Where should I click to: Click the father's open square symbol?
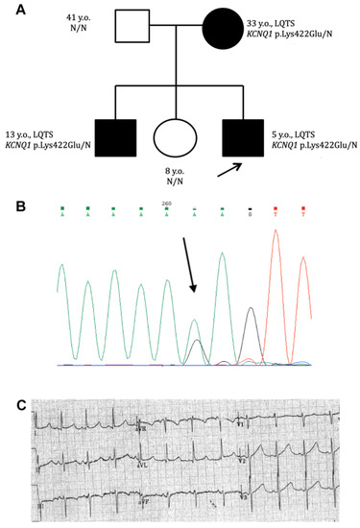click(135, 27)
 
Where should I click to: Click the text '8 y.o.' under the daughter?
click(180, 170)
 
